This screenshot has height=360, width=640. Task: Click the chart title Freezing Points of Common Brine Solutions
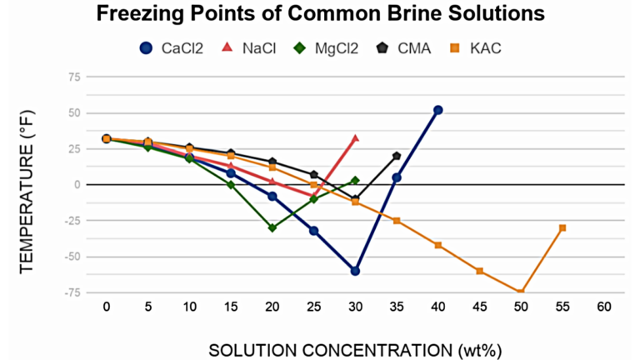[x=320, y=14]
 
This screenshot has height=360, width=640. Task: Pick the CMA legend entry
[x=405, y=47]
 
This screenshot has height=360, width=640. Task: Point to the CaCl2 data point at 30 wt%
[x=355, y=271]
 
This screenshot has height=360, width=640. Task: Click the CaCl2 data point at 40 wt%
[x=437, y=110]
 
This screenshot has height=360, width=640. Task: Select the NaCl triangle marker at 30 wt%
[x=355, y=138]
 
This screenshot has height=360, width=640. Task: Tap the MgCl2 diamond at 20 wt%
[x=272, y=227]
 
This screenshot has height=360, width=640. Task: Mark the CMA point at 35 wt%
[x=397, y=156]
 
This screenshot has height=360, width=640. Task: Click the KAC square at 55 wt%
[x=562, y=227]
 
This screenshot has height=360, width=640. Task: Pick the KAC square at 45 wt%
[x=479, y=271]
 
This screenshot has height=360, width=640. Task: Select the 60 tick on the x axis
[x=603, y=307]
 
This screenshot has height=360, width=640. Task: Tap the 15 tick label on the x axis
[x=231, y=307]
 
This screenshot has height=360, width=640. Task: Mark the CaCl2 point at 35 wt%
[x=397, y=177]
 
